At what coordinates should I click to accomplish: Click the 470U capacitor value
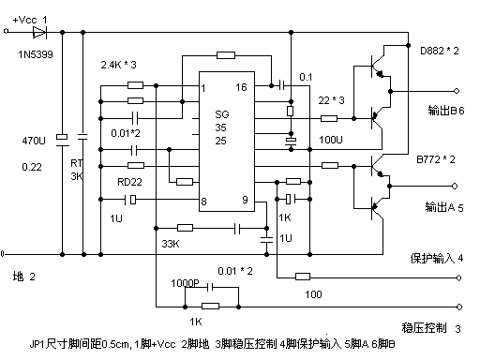(35, 142)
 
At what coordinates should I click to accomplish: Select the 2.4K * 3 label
(119, 66)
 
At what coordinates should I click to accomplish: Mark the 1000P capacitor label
(186, 282)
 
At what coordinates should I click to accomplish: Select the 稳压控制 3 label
(431, 328)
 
